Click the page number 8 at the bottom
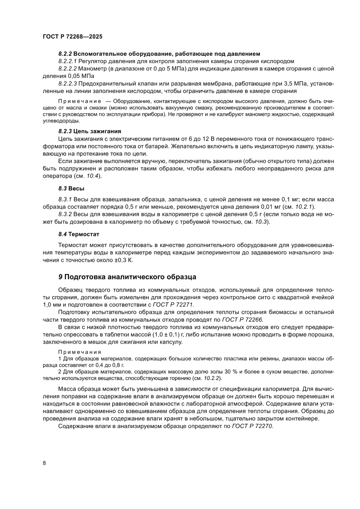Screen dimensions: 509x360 44,462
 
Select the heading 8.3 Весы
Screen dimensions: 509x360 71,188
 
